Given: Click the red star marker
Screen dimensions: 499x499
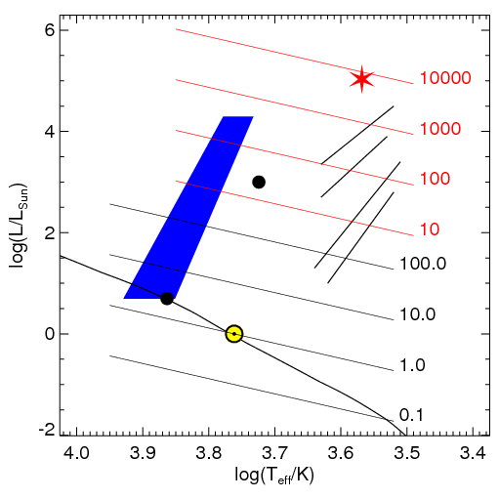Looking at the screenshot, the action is click(361, 79).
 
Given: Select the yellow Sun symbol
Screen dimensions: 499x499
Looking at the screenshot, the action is click(234, 334).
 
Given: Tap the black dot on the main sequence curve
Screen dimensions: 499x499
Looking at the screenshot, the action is click(167, 298).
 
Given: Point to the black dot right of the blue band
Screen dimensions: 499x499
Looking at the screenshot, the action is click(259, 182).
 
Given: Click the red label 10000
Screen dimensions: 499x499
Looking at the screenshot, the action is click(445, 78).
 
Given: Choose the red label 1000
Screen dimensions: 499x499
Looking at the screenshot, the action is click(440, 129).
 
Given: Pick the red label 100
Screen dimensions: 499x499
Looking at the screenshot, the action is click(435, 179).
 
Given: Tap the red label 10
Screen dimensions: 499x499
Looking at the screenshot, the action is click(430, 229).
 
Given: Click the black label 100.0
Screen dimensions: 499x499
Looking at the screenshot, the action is click(423, 264).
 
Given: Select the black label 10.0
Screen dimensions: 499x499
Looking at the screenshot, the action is click(418, 314).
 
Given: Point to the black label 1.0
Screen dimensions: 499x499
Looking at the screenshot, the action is click(412, 365).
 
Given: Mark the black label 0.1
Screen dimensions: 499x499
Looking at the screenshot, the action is click(411, 415).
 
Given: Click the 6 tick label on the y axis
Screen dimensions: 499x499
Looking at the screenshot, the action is click(50, 31).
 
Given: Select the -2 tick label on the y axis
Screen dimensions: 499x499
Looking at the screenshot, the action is click(48, 431).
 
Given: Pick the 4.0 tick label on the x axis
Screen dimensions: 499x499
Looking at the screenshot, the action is click(77, 452).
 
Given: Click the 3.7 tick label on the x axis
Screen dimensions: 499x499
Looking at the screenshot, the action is click(274, 452).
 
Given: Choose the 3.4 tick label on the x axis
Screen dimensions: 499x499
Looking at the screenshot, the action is click(473, 452).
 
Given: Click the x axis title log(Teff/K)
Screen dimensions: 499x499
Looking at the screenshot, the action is click(274, 477).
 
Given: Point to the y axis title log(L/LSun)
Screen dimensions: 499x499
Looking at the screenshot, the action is click(19, 227).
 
